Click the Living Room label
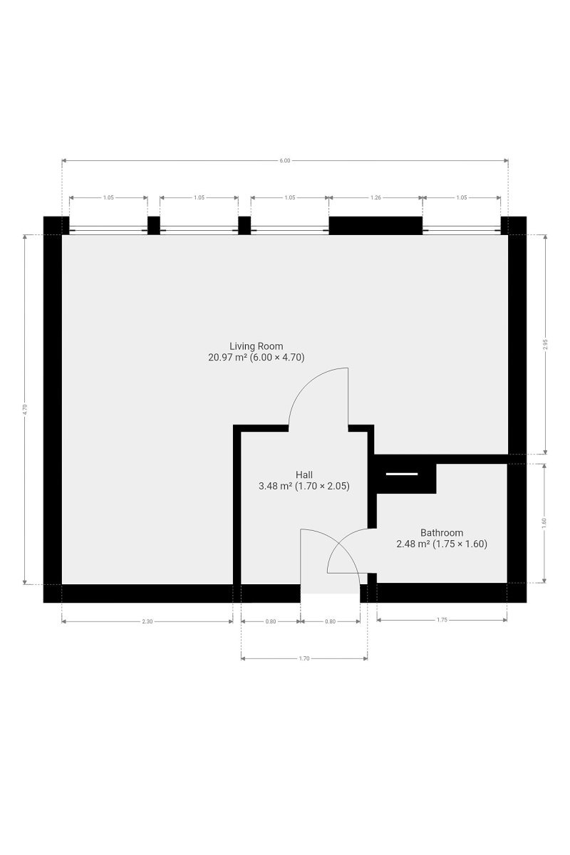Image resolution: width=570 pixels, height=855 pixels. [x=256, y=346]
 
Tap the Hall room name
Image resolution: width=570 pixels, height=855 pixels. [x=304, y=475]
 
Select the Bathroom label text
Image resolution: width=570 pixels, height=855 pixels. [x=442, y=532]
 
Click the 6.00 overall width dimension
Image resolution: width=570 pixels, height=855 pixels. [x=285, y=161]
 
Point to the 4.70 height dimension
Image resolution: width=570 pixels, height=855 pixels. [x=25, y=409]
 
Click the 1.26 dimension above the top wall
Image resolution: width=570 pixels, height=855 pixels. [x=375, y=198]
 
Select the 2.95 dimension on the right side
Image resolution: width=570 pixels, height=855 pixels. [x=546, y=344]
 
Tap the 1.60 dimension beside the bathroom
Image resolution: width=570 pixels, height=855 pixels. [x=544, y=522]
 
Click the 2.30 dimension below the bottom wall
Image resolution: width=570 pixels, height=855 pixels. [x=147, y=621]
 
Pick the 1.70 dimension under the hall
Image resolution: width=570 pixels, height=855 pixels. [x=304, y=658]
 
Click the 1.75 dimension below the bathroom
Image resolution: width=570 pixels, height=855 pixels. [x=442, y=620]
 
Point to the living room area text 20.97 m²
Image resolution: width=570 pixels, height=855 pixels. [x=227, y=358]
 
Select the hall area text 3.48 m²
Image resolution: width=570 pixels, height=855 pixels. [x=276, y=486]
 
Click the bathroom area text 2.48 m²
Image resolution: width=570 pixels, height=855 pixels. [x=413, y=544]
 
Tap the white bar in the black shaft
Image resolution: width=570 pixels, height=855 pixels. [x=402, y=474]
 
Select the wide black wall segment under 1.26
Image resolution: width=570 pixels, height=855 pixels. [x=375, y=226]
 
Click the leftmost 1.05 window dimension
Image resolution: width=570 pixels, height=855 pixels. [x=108, y=198]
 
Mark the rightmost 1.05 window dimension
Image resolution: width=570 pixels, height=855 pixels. [x=462, y=198]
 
